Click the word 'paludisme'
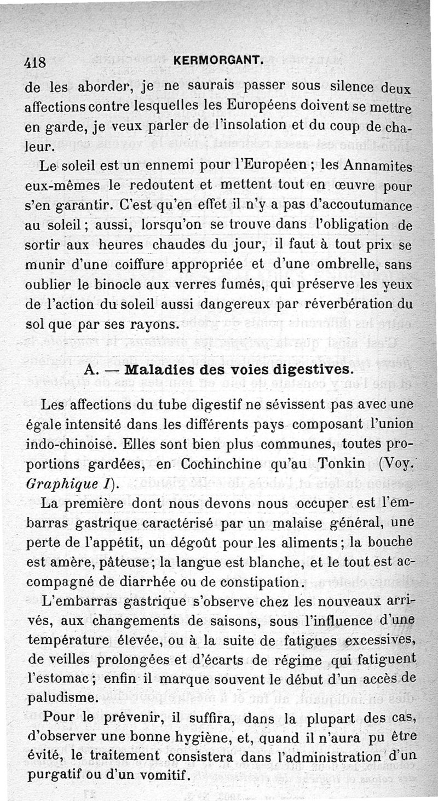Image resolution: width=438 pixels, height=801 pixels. click(x=63, y=699)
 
